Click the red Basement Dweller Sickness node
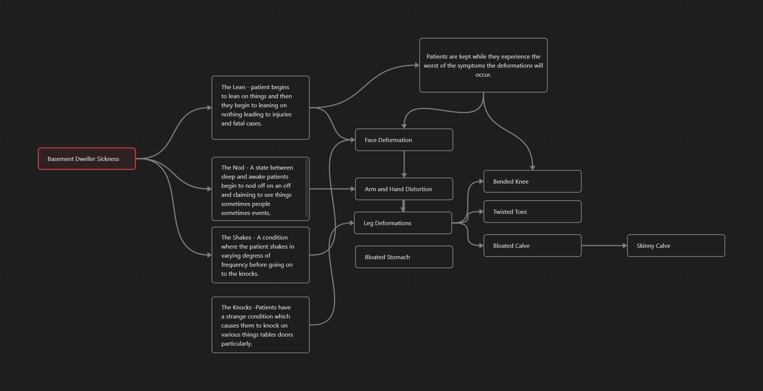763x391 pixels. click(x=87, y=159)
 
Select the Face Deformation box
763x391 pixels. click(x=404, y=140)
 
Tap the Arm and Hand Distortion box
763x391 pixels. click(x=404, y=189)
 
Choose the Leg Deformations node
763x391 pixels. click(x=403, y=223)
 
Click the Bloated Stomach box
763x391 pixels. click(x=404, y=257)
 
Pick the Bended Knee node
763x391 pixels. click(x=533, y=181)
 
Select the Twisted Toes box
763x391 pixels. click(x=533, y=212)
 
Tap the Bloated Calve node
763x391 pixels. click(x=533, y=246)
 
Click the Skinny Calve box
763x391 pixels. click(x=676, y=246)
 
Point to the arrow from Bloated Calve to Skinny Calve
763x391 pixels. click(x=604, y=246)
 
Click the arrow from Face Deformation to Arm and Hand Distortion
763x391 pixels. click(x=404, y=164)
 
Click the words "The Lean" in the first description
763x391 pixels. click(x=233, y=87)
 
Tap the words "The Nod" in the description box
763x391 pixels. click(x=233, y=168)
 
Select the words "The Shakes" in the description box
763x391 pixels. click(x=236, y=238)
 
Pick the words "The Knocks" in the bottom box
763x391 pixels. click(x=236, y=308)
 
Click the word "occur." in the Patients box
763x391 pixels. click(x=483, y=75)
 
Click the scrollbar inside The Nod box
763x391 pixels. click(x=306, y=188)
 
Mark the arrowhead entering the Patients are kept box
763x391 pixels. click(x=417, y=65)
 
